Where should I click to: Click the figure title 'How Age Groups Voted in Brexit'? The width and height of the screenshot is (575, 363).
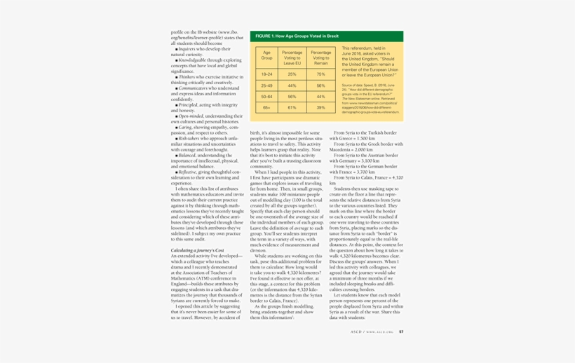click(x=297, y=36)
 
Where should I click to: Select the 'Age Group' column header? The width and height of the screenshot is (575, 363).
click(x=267, y=57)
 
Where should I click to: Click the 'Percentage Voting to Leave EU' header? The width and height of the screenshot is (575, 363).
click(x=292, y=57)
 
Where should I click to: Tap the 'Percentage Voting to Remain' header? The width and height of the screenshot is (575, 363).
click(x=320, y=57)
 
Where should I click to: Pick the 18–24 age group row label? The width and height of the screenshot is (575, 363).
click(x=267, y=74)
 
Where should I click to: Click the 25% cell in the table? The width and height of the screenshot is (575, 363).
click(x=292, y=74)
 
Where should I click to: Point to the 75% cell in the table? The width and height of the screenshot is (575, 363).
click(x=320, y=74)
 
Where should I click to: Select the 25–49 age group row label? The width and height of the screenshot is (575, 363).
click(x=267, y=85)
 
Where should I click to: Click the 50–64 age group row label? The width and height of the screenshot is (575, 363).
click(x=267, y=97)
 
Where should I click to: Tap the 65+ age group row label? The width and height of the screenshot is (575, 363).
click(x=267, y=108)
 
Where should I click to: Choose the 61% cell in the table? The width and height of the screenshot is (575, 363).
click(x=292, y=108)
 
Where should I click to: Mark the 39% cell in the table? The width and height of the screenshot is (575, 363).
click(x=320, y=108)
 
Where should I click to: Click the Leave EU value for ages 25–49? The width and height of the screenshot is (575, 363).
click(x=292, y=85)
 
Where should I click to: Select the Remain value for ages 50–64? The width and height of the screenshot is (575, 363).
click(x=320, y=97)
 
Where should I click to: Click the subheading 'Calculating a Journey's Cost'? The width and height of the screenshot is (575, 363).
click(x=198, y=250)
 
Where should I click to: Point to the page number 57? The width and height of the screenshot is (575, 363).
click(x=401, y=331)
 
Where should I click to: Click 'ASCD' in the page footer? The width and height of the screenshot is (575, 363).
click(x=357, y=331)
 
